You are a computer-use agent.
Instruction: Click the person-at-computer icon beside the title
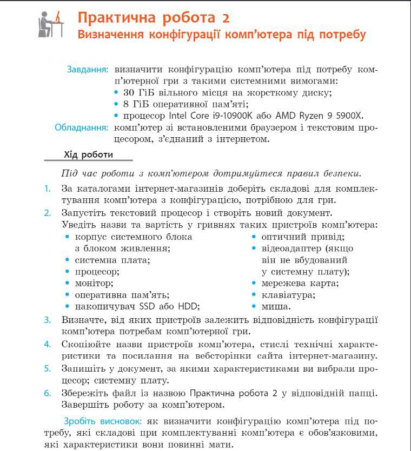51,24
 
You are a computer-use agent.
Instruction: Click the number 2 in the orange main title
226,18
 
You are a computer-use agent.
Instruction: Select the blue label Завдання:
88,70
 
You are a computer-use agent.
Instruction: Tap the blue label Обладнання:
82,127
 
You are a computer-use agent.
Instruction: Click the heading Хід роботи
88,155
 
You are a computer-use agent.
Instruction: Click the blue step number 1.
48,189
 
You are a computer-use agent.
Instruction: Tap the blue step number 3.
48,320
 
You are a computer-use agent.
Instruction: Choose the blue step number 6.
48,393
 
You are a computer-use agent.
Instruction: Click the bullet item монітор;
94,283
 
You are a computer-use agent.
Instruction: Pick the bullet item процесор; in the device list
97,272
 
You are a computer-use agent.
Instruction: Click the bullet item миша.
275,307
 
